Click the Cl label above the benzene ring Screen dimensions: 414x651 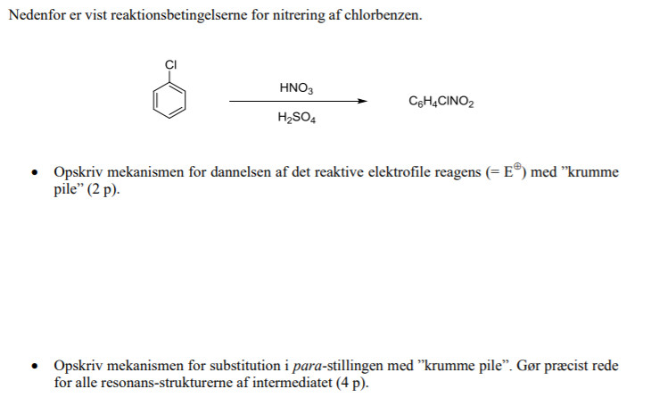[171, 64]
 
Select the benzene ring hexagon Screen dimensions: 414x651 [170, 100]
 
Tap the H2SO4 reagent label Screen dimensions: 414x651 [296, 118]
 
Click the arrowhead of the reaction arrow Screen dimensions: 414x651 [361, 102]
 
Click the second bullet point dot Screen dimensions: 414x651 [36, 367]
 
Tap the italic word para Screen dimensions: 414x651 [308, 367]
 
